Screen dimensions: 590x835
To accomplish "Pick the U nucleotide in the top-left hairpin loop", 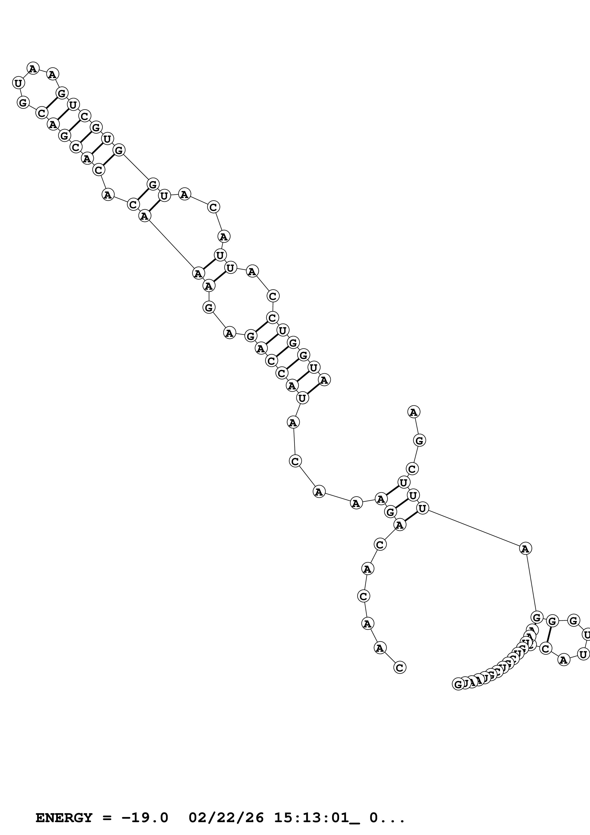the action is [x=18, y=83].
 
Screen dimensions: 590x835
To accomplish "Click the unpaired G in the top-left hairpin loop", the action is [x=23, y=103].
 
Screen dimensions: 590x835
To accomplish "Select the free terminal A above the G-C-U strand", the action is [x=414, y=412].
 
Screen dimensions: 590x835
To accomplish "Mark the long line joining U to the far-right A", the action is [x=473, y=528].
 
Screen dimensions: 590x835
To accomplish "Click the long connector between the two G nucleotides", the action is [x=136, y=167].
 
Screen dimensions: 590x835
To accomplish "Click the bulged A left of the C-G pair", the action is [x=108, y=194].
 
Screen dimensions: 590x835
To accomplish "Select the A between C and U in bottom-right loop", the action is [x=563, y=659].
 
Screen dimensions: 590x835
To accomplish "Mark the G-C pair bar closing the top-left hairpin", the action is [x=52, y=103].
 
